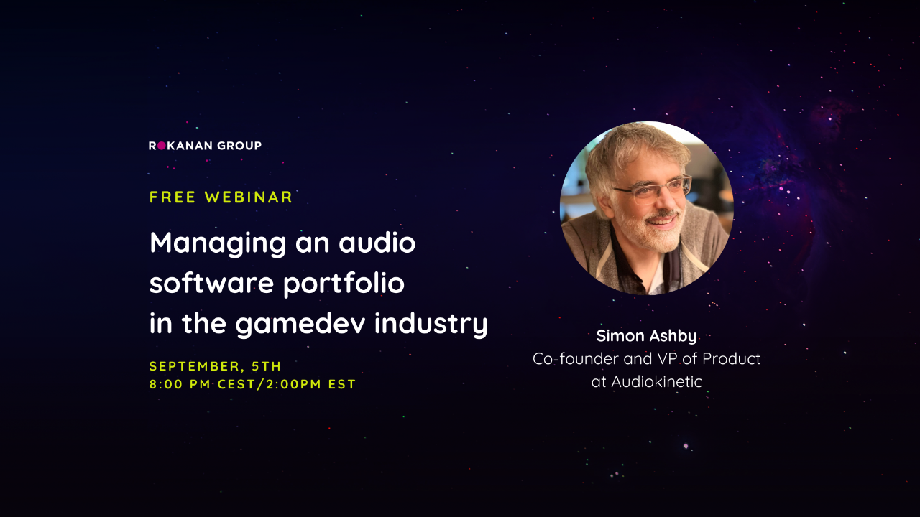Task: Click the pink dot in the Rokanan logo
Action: point(162,146)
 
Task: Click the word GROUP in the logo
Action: point(241,146)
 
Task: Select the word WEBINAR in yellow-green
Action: point(249,197)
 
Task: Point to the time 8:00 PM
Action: point(180,384)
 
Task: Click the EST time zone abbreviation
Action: point(341,384)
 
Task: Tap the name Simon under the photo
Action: point(620,336)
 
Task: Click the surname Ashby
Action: point(673,336)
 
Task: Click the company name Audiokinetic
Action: point(656,381)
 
